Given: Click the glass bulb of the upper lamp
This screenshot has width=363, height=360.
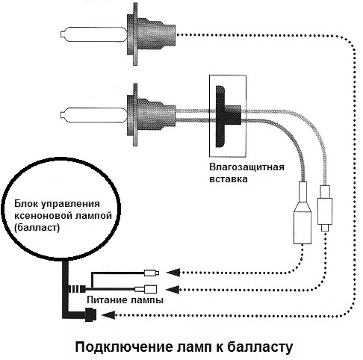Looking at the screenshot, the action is click(94, 34).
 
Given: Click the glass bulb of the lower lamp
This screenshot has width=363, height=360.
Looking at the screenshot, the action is click(94, 115).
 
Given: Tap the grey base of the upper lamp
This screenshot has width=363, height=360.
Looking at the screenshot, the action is click(151, 34).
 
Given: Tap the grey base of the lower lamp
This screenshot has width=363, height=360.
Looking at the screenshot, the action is click(151, 115).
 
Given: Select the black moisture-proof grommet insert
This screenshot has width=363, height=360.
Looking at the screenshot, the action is click(226, 117).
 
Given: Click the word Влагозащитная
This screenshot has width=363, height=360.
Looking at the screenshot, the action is click(246, 167).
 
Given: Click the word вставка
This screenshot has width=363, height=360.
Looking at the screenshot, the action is click(229, 179).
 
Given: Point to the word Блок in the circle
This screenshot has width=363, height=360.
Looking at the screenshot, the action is click(26, 204).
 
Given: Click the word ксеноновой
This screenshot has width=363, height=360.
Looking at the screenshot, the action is click(39, 215).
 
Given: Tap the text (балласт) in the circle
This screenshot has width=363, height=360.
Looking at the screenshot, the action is click(37, 227).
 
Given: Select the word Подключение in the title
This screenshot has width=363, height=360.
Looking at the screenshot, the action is click(123, 347).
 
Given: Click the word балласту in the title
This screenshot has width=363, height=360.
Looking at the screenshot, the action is click(260, 347).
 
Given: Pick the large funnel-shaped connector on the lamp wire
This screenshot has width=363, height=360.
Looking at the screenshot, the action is click(302, 213).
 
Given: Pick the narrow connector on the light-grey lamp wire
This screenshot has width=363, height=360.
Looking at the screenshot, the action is click(325, 208).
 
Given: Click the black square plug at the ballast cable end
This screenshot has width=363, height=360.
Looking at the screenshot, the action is click(90, 314).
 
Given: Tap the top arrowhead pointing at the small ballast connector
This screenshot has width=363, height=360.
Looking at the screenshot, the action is click(173, 273).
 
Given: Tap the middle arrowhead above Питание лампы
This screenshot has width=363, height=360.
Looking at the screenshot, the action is click(173, 289).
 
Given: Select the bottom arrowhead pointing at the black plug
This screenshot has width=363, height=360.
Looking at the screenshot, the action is click(108, 315).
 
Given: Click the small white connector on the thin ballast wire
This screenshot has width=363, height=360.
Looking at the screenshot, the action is click(152, 273).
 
